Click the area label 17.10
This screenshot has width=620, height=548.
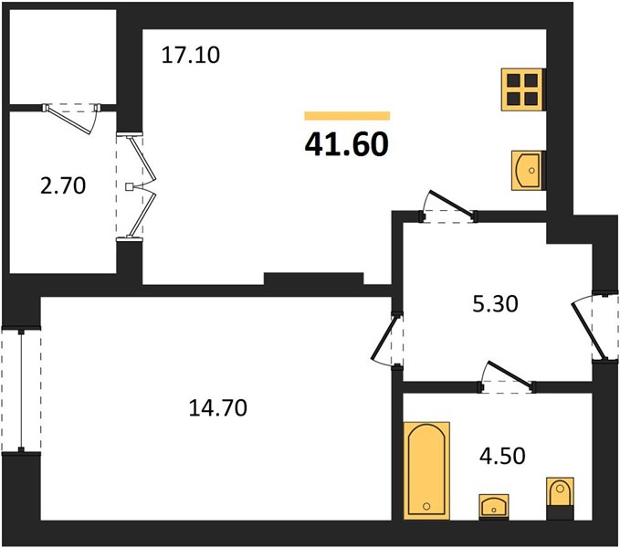point(191,56)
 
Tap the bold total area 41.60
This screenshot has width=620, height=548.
point(347,144)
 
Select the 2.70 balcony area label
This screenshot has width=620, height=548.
point(63,185)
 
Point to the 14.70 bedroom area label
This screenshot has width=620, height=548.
point(218,407)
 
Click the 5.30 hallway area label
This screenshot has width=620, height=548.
point(495,304)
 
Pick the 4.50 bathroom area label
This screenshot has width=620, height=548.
point(502,456)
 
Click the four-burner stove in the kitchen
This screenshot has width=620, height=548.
point(522,90)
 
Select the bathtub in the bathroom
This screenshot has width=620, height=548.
point(426,470)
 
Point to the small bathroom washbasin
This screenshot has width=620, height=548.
point(493,506)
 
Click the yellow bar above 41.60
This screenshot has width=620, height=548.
point(347,115)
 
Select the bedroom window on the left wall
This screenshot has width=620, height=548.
point(21,390)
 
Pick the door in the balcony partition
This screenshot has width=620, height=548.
point(71,118)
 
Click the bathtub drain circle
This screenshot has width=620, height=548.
point(426,506)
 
